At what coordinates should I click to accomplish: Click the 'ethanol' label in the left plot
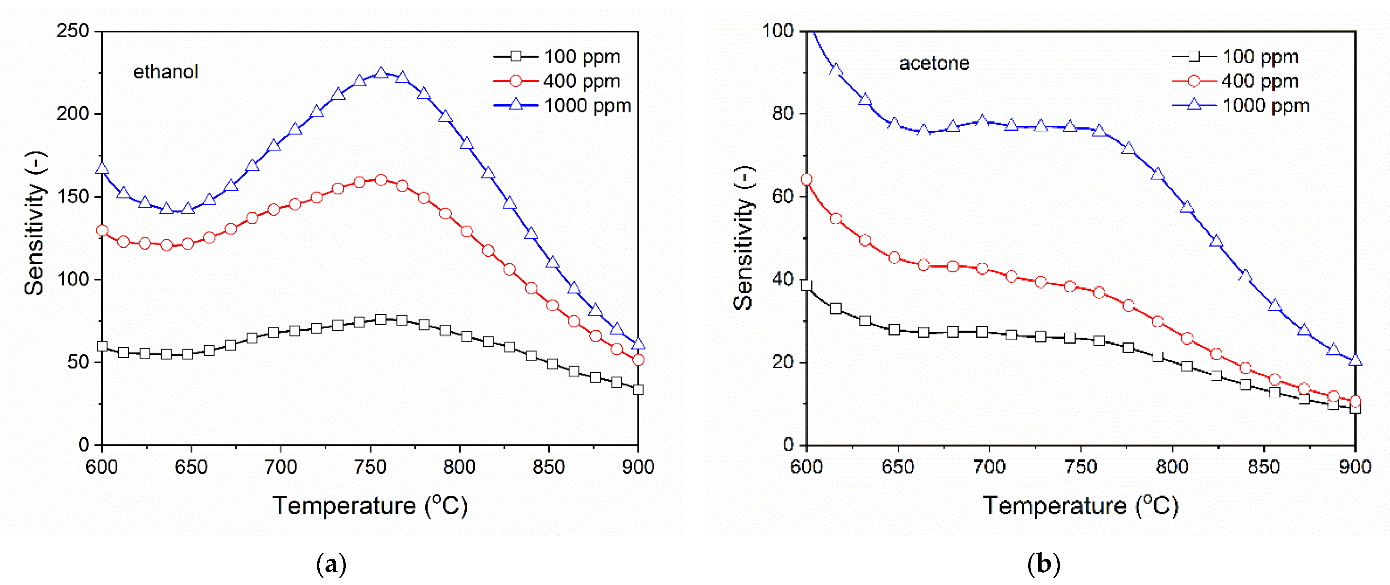pyautogui.click(x=166, y=72)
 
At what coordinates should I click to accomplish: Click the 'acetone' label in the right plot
pyautogui.click(x=934, y=63)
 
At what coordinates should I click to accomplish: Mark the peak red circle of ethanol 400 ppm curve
pyautogui.click(x=381, y=180)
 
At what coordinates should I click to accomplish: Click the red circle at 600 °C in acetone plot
pyautogui.click(x=806, y=180)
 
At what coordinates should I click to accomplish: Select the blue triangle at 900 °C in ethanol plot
pyautogui.click(x=638, y=344)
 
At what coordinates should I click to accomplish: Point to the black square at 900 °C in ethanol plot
pyautogui.click(x=638, y=390)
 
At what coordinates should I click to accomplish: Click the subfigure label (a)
pyautogui.click(x=331, y=564)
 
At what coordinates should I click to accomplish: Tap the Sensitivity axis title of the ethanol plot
pyautogui.click(x=35, y=224)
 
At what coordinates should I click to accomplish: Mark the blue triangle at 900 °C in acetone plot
pyautogui.click(x=1355, y=360)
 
